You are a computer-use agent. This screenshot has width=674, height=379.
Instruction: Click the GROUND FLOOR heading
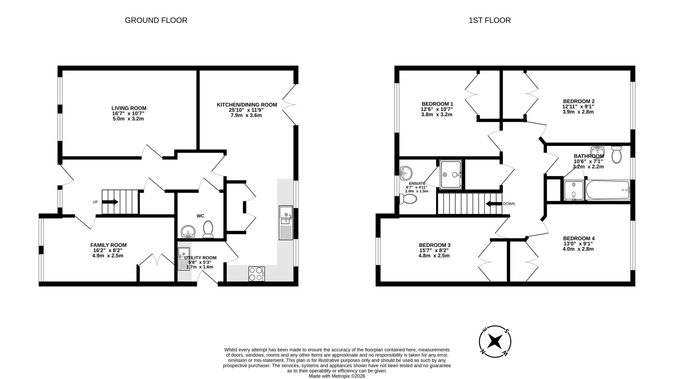(156, 20)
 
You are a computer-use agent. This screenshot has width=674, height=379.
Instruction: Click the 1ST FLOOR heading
(489, 20)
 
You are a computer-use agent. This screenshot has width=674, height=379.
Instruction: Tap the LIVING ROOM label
(129, 108)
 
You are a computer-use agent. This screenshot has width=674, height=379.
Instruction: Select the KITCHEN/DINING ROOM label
(247, 105)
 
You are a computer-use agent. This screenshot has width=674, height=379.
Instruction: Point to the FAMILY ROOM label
(108, 245)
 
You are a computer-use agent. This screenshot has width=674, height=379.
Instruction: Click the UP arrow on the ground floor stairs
(110, 202)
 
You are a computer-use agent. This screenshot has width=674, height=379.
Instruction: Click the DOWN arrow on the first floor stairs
(494, 204)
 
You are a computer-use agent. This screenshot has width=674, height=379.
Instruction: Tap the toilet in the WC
(208, 229)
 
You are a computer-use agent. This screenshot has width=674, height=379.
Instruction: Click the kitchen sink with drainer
(286, 223)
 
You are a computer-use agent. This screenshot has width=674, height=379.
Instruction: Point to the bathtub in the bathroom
(608, 190)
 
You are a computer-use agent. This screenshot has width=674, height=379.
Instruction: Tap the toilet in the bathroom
(616, 155)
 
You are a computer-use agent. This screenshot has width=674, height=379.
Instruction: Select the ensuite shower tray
(451, 174)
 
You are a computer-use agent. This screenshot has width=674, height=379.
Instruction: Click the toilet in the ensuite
(408, 199)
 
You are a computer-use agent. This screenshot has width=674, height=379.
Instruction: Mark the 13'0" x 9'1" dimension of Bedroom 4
(578, 244)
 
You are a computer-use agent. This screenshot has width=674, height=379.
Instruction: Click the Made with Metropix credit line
(337, 376)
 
